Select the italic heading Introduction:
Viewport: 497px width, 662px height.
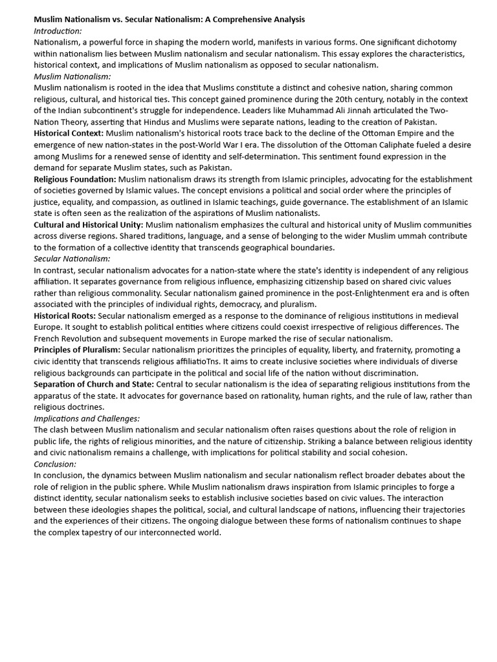point(58,30)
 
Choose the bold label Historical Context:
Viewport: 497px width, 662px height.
point(69,133)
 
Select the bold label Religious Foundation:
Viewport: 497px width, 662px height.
point(75,179)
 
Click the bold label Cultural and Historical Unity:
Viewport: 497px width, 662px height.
point(89,224)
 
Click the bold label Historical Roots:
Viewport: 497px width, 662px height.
point(65,315)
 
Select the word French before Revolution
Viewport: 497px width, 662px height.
point(47,338)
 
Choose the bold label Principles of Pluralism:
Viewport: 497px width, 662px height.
point(77,350)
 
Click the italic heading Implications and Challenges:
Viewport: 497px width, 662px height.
point(87,418)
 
